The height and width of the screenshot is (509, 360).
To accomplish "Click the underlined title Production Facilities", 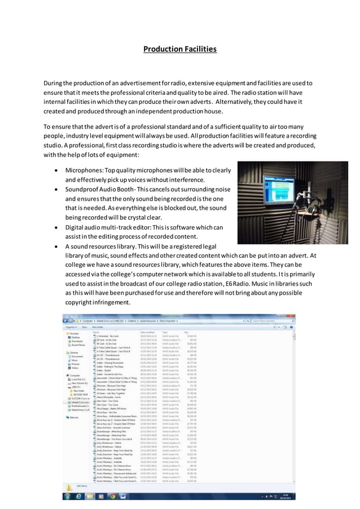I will [179, 49].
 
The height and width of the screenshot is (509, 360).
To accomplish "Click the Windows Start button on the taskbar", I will [68, 497].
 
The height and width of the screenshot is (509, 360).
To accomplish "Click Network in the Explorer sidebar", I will [74, 418].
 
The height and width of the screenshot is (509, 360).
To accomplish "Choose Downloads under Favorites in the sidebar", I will [77, 341].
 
